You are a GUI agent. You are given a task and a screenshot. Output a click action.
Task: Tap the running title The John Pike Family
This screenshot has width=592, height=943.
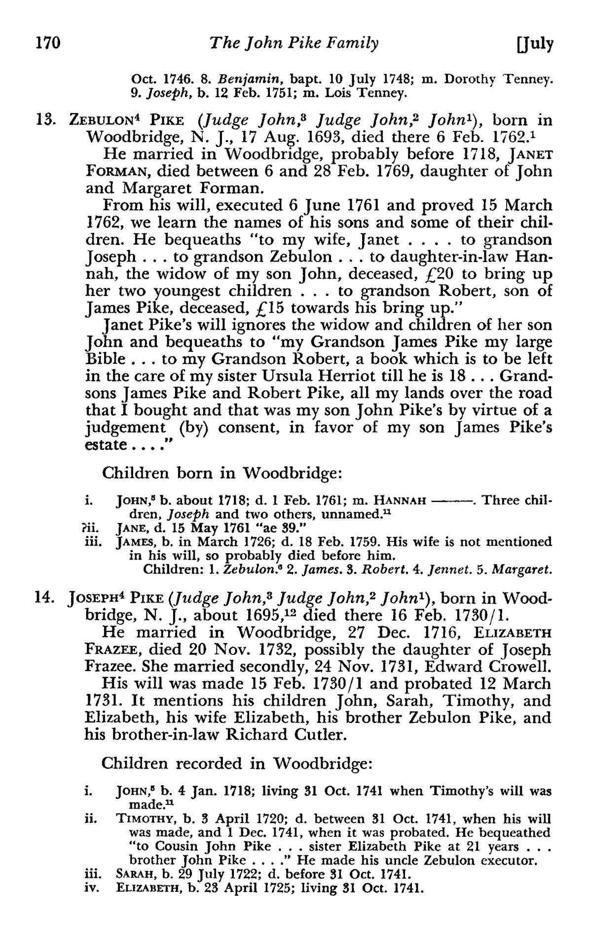click(x=294, y=44)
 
